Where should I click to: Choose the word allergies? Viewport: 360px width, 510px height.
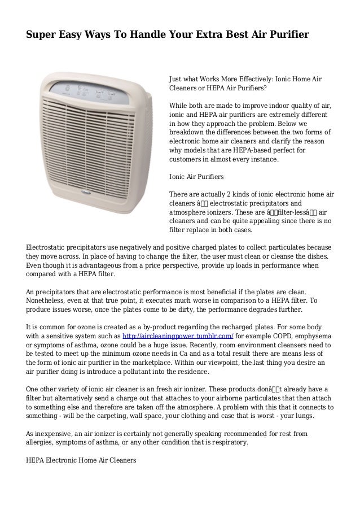(x=43, y=442)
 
